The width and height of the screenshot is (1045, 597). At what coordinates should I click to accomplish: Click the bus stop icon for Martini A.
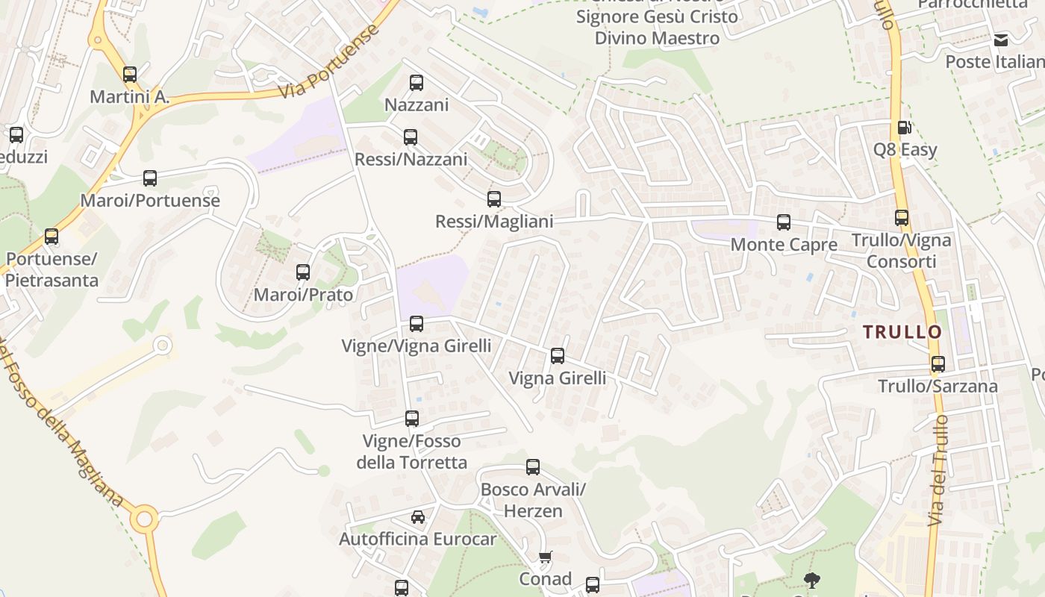[x=130, y=74]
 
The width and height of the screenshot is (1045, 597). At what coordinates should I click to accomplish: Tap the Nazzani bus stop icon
[x=417, y=82]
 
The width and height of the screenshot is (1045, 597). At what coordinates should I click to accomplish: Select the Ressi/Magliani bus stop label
[x=494, y=222]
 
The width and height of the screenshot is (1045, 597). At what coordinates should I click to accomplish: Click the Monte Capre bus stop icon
[x=783, y=222]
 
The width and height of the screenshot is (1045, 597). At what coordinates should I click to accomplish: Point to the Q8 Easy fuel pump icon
[x=903, y=128]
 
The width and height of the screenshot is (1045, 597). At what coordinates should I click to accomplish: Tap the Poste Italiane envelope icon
[x=1000, y=40]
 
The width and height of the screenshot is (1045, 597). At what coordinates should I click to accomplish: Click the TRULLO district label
[x=902, y=333]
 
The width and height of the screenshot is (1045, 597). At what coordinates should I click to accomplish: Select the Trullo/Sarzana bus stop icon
[x=938, y=363]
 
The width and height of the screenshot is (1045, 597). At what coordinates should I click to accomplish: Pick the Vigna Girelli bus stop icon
[x=557, y=355]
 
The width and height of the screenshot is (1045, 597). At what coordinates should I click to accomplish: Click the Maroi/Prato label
[x=303, y=295]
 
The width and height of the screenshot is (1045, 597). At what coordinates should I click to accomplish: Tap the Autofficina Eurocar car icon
[x=418, y=516]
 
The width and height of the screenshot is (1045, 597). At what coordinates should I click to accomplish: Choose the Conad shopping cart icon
[x=546, y=557]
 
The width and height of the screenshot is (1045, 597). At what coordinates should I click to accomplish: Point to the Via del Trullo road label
[x=938, y=470]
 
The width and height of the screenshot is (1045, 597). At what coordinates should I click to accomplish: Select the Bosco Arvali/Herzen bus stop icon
[x=533, y=467]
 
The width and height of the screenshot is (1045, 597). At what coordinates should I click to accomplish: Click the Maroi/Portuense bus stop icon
[x=150, y=178]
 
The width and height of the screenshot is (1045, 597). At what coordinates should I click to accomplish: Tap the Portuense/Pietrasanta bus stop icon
[x=52, y=237]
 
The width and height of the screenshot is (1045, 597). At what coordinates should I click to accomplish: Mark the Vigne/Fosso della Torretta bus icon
[x=412, y=418]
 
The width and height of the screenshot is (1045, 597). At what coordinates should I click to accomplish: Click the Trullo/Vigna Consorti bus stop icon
[x=902, y=218]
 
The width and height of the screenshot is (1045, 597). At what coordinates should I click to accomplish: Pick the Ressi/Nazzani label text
[x=411, y=160]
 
